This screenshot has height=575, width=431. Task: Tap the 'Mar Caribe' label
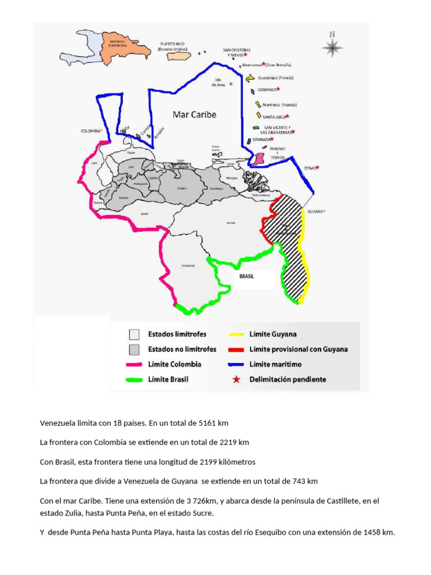click(x=194, y=114)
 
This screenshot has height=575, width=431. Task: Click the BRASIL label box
click(x=247, y=276)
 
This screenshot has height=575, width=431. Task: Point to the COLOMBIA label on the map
click(x=91, y=131)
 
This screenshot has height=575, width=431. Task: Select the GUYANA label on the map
click(x=315, y=212)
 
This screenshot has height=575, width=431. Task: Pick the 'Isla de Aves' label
click(x=219, y=83)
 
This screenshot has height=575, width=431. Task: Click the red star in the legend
click(x=236, y=380)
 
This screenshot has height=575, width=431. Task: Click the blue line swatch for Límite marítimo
click(x=236, y=364)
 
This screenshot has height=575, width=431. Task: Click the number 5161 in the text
click(x=201, y=423)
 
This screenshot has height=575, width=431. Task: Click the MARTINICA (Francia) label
click(x=279, y=105)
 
